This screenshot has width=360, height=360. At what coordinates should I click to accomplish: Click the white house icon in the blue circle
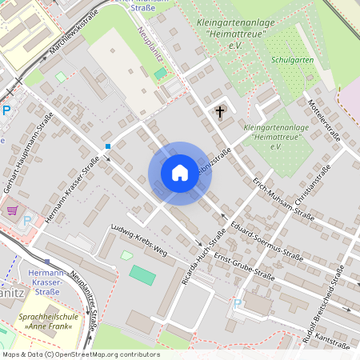point(179,173)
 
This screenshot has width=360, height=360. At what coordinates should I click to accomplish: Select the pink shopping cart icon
point(13,210)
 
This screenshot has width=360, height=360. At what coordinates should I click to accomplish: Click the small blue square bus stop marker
point(108,146)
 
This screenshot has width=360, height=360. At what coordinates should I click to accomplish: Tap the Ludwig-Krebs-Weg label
point(139,239)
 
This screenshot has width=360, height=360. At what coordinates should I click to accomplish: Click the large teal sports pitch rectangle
point(143,275)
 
